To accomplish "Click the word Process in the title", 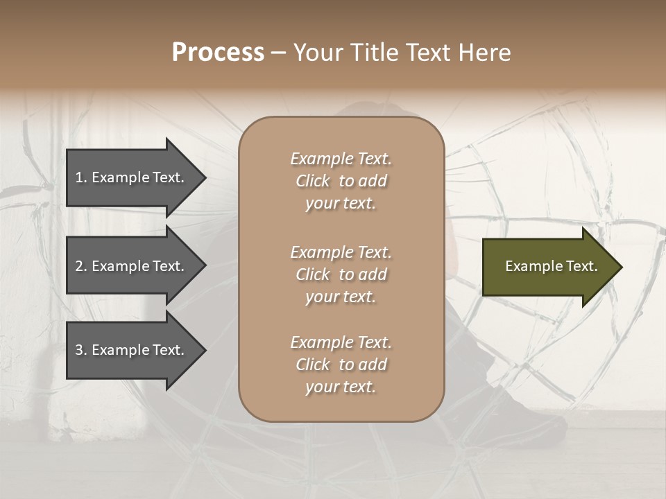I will [218, 53].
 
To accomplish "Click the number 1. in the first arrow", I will [81, 177].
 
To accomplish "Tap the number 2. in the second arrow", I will [81, 266].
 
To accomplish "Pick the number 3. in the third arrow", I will [81, 350].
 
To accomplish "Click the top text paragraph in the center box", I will [341, 181].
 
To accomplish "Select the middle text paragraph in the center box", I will [341, 274].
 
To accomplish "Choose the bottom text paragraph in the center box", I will [341, 365].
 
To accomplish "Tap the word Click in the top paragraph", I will [313, 181].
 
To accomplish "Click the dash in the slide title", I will [278, 53].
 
